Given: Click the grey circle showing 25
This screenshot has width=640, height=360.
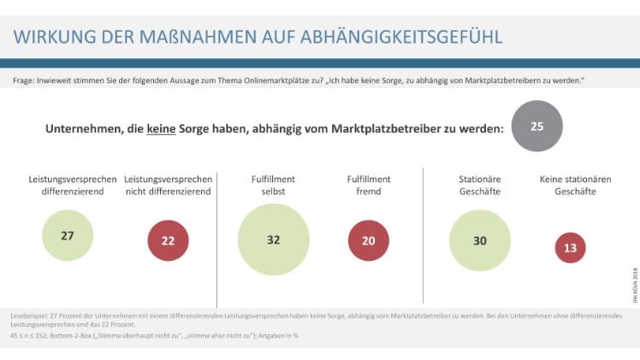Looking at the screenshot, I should click(x=536, y=127).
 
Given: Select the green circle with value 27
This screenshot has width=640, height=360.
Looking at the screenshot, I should click(x=67, y=235).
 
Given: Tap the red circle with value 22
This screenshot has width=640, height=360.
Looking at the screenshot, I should click(x=168, y=240).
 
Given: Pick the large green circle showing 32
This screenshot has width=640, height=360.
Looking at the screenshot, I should click(x=273, y=239).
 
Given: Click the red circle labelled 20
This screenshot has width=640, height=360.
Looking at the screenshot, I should click(x=368, y=240).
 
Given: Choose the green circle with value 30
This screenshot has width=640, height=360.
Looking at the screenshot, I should click(x=479, y=240).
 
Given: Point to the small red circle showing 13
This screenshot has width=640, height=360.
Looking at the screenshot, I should click(x=569, y=247).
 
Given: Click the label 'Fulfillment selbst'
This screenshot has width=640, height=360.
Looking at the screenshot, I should click(x=273, y=186).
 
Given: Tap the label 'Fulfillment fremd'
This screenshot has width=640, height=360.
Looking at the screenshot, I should click(x=368, y=186).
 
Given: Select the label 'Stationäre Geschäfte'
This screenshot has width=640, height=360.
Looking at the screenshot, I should click(x=479, y=186).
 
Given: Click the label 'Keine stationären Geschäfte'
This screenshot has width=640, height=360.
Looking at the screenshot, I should click(x=568, y=186).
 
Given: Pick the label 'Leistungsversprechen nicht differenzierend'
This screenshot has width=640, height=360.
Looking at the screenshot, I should click(x=168, y=186).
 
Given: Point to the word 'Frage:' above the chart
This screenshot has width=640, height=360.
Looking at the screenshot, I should click(x=25, y=80).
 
